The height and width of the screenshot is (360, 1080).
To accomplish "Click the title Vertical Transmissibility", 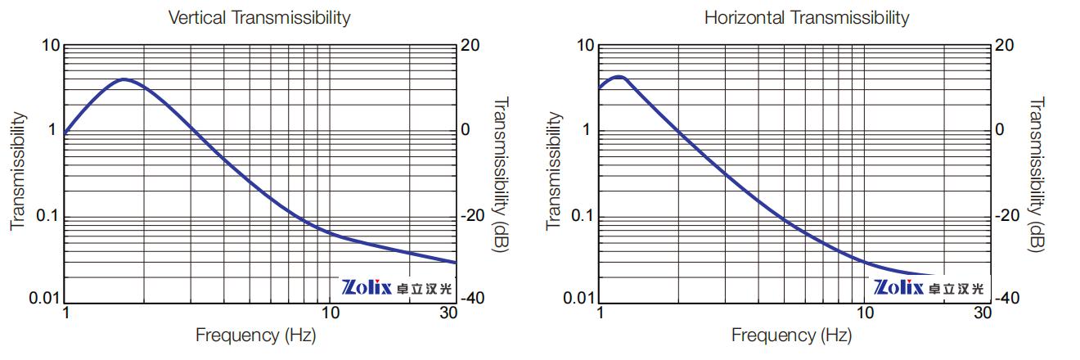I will coord(259,17).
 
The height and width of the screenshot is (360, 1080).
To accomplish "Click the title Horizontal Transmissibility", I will coord(806,17).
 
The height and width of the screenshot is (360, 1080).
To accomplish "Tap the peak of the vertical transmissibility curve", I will coord(124,79).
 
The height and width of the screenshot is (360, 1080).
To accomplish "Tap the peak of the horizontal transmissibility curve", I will coord(619,77).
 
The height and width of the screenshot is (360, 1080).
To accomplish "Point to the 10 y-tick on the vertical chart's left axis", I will coord(51,46).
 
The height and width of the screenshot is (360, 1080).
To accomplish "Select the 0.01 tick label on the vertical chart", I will coord(44,298).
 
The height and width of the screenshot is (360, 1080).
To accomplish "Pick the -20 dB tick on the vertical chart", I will coord(472,216).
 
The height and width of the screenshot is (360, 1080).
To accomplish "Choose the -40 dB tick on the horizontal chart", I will coord(1007,298).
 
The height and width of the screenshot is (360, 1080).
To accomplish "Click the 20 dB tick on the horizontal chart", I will coord(1004,46).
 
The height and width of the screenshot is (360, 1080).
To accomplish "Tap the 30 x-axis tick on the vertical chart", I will coord(449,313).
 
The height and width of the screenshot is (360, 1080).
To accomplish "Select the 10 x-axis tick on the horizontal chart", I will coord(864,313).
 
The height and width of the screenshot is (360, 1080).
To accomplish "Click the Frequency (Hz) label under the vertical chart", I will coord(255,335).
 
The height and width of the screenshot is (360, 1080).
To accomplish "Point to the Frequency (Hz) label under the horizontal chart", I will coord(790,335).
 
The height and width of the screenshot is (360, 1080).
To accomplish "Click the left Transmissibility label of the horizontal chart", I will coord(554,170).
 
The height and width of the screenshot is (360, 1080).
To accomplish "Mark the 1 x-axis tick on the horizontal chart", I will coord(601,313).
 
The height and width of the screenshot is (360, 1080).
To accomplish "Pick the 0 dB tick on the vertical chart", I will coord(467,130).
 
